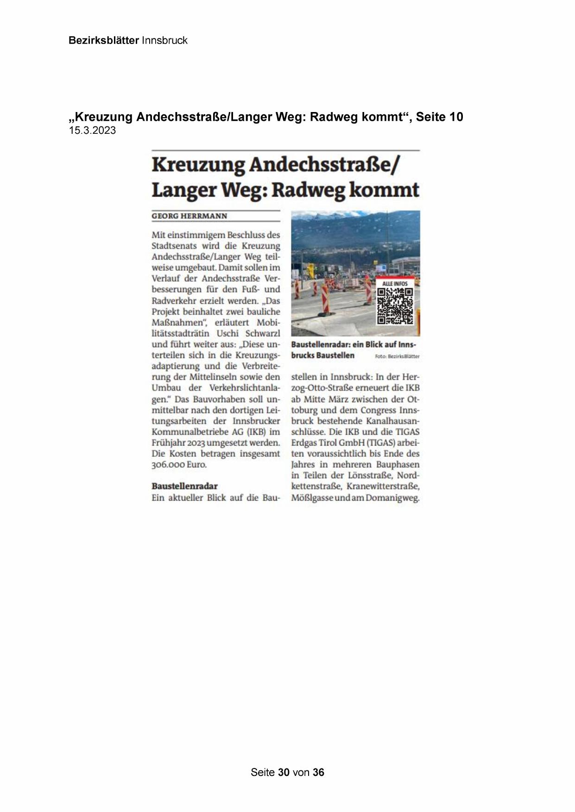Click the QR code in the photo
pyautogui.click(x=395, y=306)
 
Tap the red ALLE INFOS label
pyautogui.click(x=395, y=283)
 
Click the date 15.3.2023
pyautogui.click(x=92, y=131)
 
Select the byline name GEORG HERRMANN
pyautogui.click(x=190, y=216)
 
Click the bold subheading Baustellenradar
pyautogui.click(x=184, y=486)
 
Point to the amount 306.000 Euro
pyautogui.click(x=179, y=464)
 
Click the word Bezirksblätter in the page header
pyautogui.click(x=103, y=40)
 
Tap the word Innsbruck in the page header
pyautogui.click(x=164, y=40)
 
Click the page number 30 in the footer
pyautogui.click(x=284, y=772)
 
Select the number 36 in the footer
pyautogui.click(x=318, y=772)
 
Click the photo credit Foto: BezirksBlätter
pyautogui.click(x=397, y=356)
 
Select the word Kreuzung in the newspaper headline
pyautogui.click(x=198, y=165)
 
